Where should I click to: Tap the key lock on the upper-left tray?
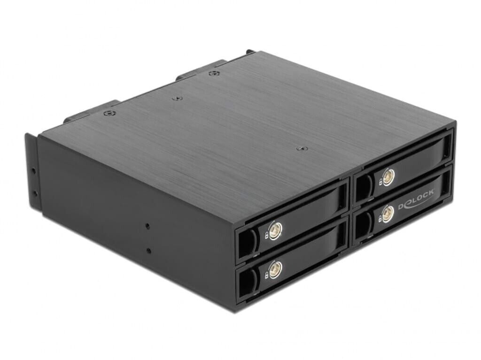pyautogui.click(x=277, y=229)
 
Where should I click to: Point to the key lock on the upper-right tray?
pyautogui.click(x=388, y=176)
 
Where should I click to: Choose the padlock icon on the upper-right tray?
pyautogui.click(x=380, y=183)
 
